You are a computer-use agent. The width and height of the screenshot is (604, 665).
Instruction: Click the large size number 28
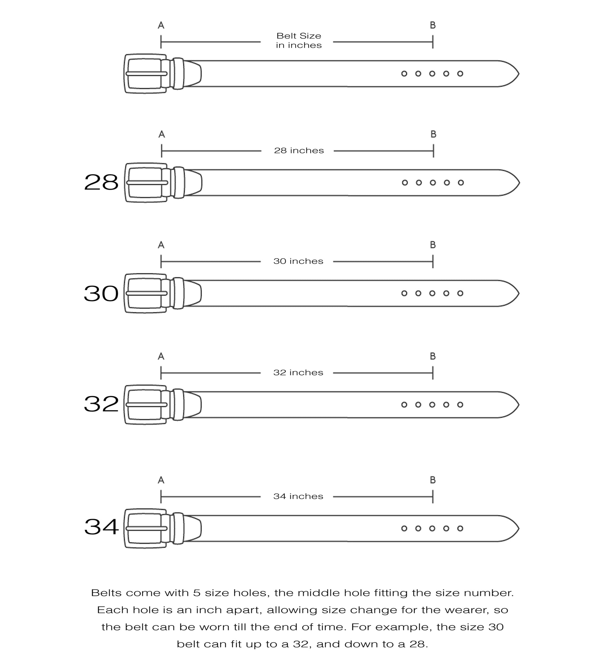pos(101,182)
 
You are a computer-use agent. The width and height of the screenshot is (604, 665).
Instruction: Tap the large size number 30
pos(101,293)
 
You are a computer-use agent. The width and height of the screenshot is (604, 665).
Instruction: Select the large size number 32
pos(101,404)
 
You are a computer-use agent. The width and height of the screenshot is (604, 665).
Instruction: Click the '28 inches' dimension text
pos(299,151)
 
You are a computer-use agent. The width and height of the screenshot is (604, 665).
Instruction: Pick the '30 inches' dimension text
pos(298,261)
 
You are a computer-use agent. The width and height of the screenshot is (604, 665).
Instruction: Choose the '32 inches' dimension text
pos(298,373)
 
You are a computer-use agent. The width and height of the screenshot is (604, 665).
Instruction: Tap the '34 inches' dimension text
pos(298,496)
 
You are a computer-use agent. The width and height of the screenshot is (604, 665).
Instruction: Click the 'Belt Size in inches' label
pos(299,41)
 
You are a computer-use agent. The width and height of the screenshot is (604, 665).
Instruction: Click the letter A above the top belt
pos(161,25)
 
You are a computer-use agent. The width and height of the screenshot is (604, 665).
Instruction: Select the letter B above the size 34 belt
pos(433,480)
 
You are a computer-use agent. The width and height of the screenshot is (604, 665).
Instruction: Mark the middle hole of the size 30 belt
pos(432,293)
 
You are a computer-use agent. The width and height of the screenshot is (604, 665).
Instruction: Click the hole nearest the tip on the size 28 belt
pos(461,183)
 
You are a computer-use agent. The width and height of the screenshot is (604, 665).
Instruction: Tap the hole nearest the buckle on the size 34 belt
pos(404,528)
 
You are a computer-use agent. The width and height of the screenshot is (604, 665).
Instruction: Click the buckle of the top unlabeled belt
pos(145,74)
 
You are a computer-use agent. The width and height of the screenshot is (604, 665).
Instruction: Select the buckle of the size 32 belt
pos(145,405)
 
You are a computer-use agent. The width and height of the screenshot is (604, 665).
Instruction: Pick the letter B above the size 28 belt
pos(434,134)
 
